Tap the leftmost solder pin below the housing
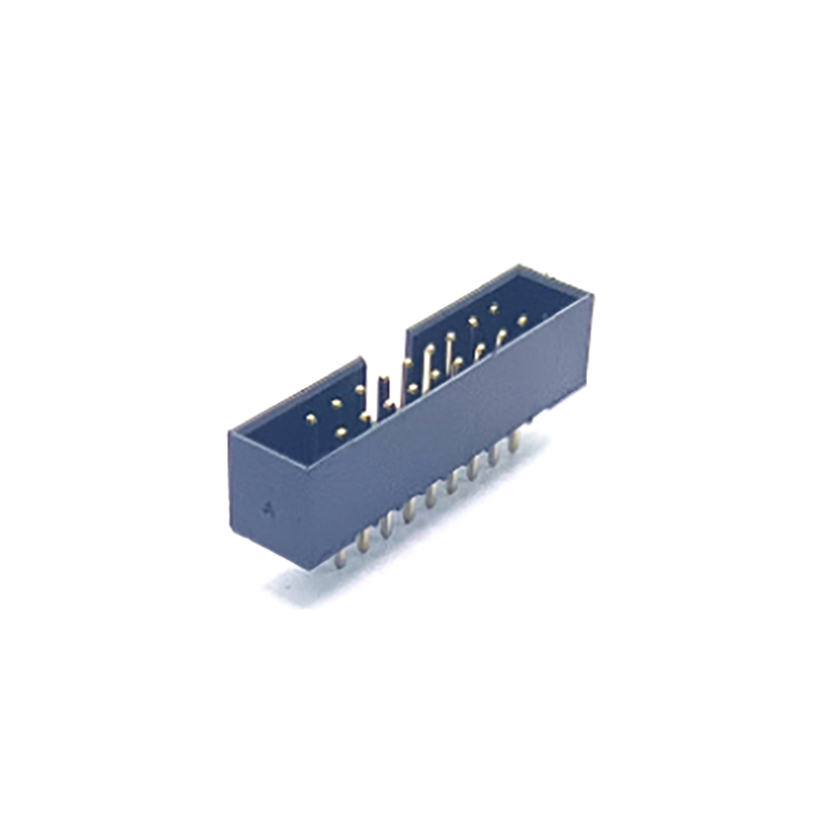(342, 556)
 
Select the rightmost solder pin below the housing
(515, 438)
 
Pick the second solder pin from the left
(363, 541)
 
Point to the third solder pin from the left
(385, 526)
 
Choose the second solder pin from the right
(494, 453)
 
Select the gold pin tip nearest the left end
(312, 419)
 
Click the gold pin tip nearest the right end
(522, 321)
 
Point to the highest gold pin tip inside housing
(494, 305)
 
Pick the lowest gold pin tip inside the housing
(341, 433)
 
